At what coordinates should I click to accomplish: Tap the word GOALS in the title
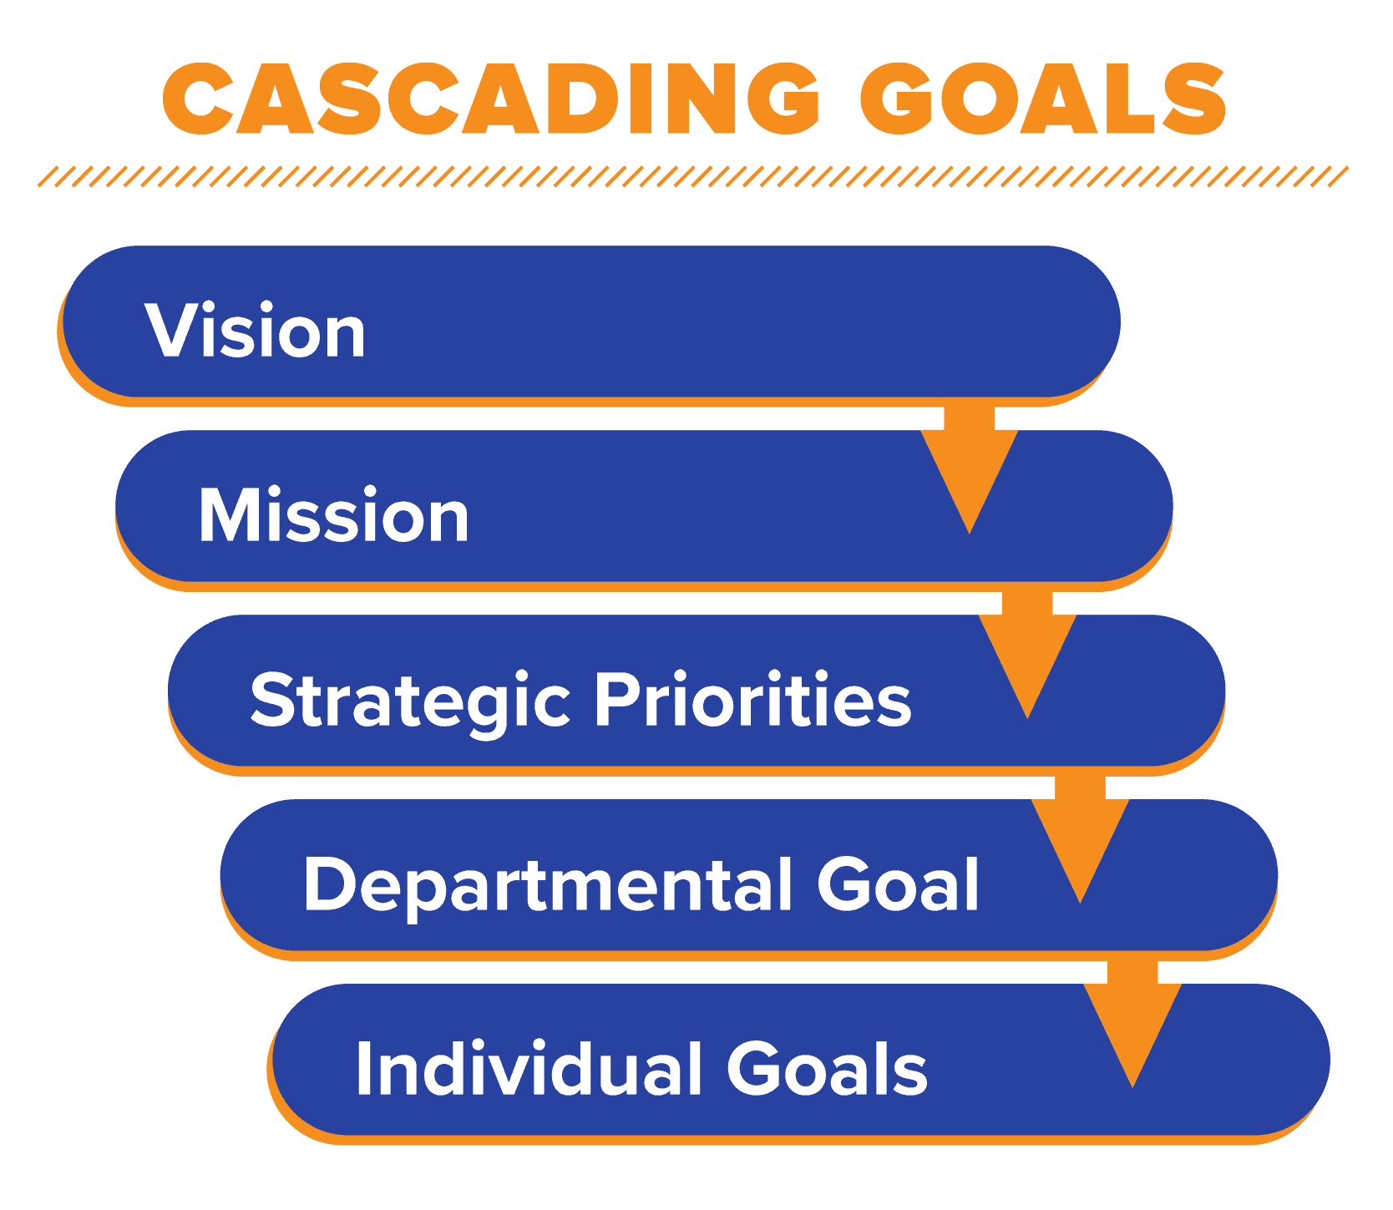point(1043,99)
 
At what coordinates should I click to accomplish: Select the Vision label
point(255,331)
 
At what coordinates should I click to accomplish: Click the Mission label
point(333,515)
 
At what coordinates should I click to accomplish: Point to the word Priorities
point(752,700)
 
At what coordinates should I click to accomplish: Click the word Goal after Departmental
point(898,883)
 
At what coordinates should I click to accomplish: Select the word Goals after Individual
point(827,1068)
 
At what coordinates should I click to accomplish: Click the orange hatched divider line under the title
point(693,176)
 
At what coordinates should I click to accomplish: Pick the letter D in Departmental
point(333,883)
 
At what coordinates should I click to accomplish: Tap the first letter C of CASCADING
point(197,99)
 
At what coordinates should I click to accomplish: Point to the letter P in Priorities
point(617,700)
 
